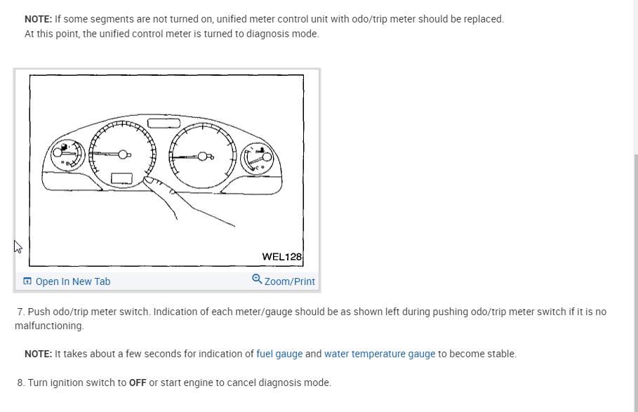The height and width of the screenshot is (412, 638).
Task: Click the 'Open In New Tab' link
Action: tap(72, 281)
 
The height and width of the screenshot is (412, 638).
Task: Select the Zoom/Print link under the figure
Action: tap(289, 281)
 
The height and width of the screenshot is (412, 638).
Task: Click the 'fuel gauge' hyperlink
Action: tap(279, 354)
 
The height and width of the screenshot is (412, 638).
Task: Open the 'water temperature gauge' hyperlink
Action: tap(380, 354)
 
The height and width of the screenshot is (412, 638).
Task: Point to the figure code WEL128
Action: tap(281, 257)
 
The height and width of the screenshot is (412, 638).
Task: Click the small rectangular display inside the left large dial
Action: tap(121, 178)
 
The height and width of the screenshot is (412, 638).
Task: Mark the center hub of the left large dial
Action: tap(124, 154)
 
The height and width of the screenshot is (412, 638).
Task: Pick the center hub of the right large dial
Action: tap(206, 154)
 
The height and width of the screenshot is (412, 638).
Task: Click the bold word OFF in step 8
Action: tap(138, 383)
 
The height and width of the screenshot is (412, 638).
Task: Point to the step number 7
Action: tap(20, 311)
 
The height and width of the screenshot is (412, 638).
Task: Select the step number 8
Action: tap(20, 383)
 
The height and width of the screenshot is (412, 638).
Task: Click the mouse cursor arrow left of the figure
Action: tap(18, 246)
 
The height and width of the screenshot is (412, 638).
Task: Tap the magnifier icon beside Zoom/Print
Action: tap(257, 279)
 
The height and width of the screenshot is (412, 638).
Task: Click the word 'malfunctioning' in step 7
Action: tap(48, 326)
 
